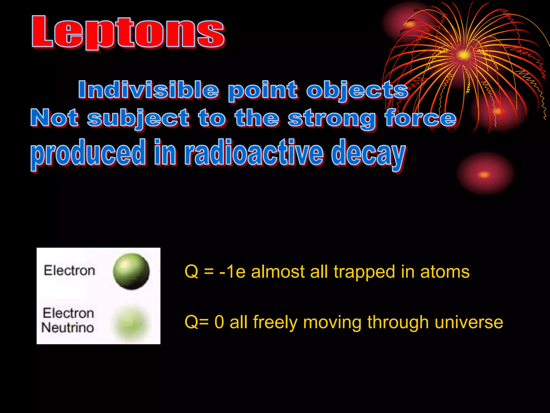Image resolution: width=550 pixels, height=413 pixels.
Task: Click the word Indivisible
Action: pos(148,90)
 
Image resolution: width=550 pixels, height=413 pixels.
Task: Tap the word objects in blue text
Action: pos(357,91)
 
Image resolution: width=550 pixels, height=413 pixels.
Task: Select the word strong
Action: pos(331,119)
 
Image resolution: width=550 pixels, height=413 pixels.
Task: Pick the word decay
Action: pos(368,154)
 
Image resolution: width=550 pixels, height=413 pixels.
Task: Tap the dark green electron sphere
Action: pos(131,271)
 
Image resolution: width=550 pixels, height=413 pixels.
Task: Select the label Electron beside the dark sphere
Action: pos(70,270)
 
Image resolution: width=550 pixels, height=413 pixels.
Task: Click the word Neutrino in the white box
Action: pos(68,328)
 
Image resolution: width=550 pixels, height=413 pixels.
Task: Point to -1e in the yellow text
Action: pos(232,272)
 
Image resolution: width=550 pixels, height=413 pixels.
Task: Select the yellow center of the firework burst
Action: pos(463,55)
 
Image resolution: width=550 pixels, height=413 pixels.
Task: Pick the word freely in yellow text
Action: pos(275,322)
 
